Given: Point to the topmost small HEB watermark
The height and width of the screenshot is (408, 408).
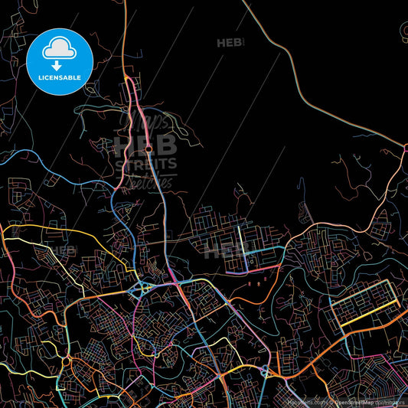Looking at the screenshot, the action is pyautogui.click(x=230, y=42).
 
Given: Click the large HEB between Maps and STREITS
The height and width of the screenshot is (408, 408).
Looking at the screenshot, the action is pyautogui.click(x=145, y=145).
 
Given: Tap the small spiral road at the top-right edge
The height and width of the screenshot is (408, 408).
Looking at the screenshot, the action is pyautogui.click(x=403, y=31).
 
